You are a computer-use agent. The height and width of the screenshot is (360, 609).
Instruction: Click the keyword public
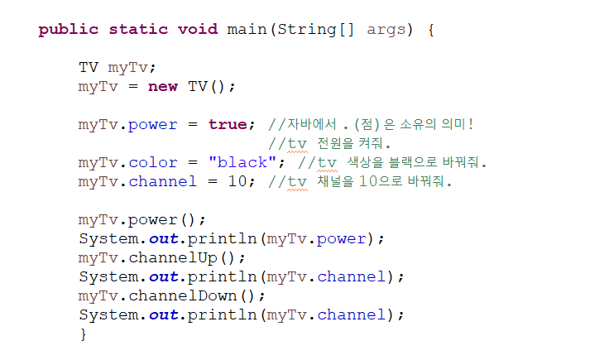click(69, 30)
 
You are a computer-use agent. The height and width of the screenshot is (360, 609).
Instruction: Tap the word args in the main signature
click(386, 30)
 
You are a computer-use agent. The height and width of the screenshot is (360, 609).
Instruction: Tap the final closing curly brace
click(83, 334)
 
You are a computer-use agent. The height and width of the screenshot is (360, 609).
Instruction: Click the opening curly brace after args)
click(431, 30)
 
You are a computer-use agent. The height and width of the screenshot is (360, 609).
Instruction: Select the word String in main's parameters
click(307, 30)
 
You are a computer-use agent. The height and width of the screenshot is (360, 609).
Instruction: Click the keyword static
click(138, 30)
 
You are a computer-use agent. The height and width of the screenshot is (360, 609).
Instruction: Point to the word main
click(246, 30)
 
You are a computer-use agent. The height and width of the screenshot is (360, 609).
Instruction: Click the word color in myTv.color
click(153, 162)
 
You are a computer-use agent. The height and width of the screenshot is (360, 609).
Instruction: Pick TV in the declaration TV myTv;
click(89, 68)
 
